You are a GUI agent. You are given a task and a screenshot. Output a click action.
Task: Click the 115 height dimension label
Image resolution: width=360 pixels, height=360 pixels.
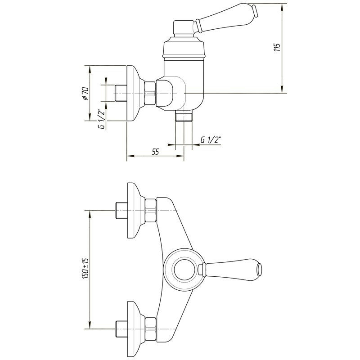click(x=278, y=47)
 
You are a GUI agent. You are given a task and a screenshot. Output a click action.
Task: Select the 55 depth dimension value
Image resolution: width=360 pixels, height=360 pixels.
click(x=155, y=152)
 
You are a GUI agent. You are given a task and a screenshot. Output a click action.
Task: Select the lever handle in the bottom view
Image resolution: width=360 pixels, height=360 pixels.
click(x=232, y=269)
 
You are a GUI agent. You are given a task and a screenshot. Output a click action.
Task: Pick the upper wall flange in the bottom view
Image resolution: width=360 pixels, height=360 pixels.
click(x=135, y=210)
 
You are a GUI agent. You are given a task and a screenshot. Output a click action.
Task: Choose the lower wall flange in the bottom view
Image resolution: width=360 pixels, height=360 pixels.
click(x=135, y=327)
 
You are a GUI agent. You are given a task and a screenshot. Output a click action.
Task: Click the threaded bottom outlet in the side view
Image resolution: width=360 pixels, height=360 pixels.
click(x=184, y=117)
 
